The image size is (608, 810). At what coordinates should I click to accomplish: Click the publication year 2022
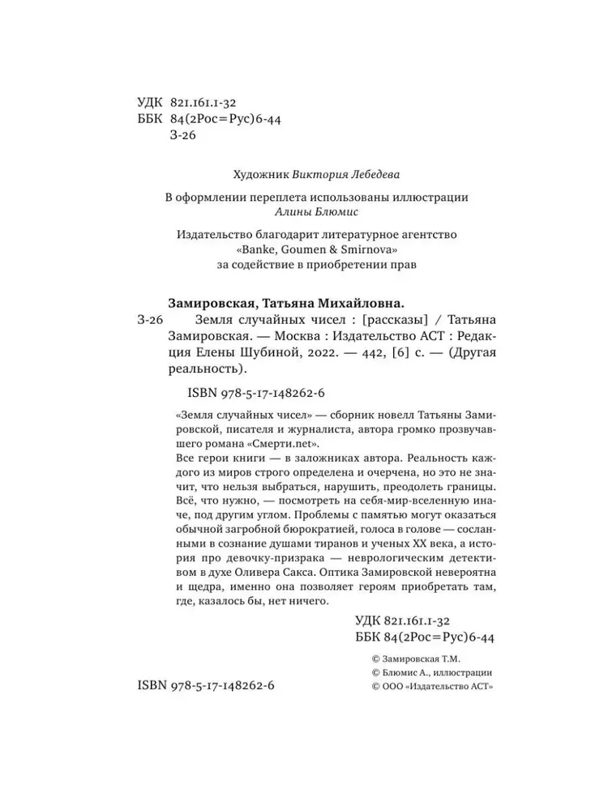point(324,353)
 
